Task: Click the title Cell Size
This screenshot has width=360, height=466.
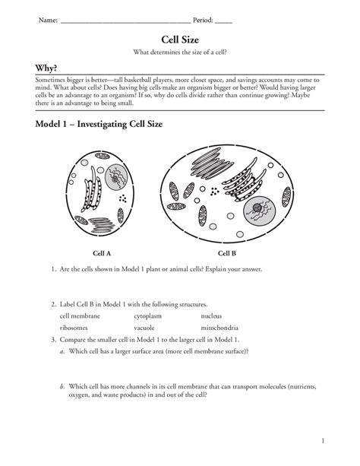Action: click(x=180, y=40)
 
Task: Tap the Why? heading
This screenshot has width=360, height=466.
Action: click(x=46, y=68)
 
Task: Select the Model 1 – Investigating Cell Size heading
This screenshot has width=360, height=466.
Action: click(x=99, y=124)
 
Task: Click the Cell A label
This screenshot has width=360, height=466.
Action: click(x=102, y=253)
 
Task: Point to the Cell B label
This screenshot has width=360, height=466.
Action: click(x=227, y=253)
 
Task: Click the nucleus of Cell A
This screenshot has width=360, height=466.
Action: click(x=116, y=177)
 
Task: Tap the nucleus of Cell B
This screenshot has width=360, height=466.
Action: click(x=259, y=211)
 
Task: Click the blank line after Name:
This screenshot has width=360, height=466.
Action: click(x=125, y=22)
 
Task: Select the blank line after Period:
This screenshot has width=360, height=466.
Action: click(x=223, y=22)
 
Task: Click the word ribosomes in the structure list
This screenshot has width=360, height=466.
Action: click(x=74, y=328)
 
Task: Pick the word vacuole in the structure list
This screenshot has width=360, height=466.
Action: click(x=144, y=328)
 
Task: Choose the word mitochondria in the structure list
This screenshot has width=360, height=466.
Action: click(x=219, y=328)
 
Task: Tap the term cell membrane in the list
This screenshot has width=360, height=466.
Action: click(x=80, y=316)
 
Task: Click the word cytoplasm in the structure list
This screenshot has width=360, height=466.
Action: click(x=147, y=316)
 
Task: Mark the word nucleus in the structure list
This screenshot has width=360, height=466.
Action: click(x=211, y=316)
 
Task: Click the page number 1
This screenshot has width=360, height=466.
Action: click(x=323, y=441)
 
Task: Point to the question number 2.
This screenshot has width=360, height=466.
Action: click(x=53, y=304)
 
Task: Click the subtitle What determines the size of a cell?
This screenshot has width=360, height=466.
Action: click(x=180, y=52)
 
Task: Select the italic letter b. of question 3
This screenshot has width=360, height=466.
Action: click(x=62, y=387)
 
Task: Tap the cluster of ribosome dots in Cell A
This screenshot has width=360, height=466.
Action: click(x=123, y=198)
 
